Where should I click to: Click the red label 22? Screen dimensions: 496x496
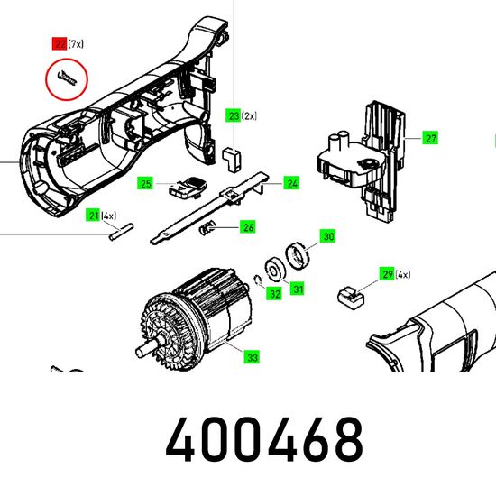[60, 43]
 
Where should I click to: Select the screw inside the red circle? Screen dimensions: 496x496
[67, 79]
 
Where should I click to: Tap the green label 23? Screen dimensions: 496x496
[234, 115]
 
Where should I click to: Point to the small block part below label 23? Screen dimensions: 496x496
[232, 160]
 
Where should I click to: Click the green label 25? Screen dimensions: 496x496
[145, 183]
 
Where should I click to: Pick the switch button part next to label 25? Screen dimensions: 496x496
[187, 188]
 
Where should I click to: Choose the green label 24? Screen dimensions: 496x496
[291, 183]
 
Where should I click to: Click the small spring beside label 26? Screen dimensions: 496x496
[207, 228]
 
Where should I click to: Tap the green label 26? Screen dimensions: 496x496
[248, 226]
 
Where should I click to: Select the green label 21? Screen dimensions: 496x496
[93, 216]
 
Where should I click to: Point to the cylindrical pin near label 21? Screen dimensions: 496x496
[121, 232]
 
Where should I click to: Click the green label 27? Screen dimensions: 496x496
[430, 138]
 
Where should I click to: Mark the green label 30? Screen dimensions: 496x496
[328, 236]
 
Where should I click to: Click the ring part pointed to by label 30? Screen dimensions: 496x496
[297, 255]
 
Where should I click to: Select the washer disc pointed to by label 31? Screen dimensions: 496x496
[274, 271]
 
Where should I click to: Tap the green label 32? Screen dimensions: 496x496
[274, 294]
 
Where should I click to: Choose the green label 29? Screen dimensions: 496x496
[387, 274]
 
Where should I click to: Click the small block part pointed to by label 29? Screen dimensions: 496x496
[351, 298]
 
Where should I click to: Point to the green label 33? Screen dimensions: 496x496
[252, 357]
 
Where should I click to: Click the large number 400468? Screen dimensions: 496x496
[264, 439]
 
